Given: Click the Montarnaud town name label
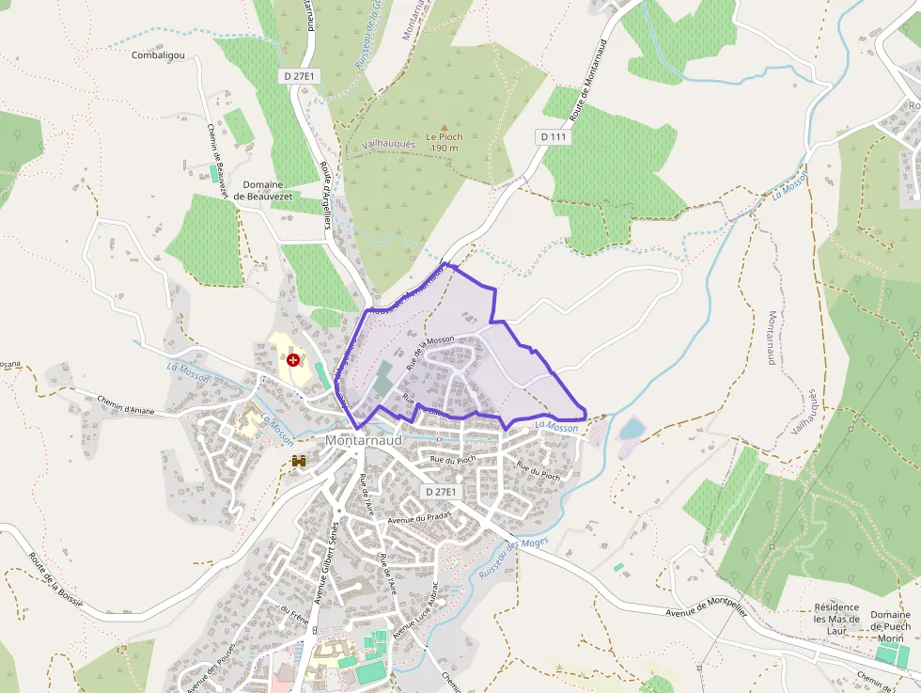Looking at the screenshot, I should coord(364,439).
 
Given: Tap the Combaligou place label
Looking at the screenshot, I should coord(158,55).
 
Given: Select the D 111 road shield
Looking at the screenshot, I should coord(554,136).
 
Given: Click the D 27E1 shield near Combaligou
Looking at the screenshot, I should coord(296,74).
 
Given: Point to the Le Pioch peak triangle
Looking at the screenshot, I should coord(445,127).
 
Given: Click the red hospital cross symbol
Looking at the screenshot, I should coord(294,359).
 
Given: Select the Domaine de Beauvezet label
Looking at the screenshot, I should coord(271,190).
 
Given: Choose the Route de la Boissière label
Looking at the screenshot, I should coord(55,579).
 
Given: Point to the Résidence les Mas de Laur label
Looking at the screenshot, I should coord(836,619).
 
